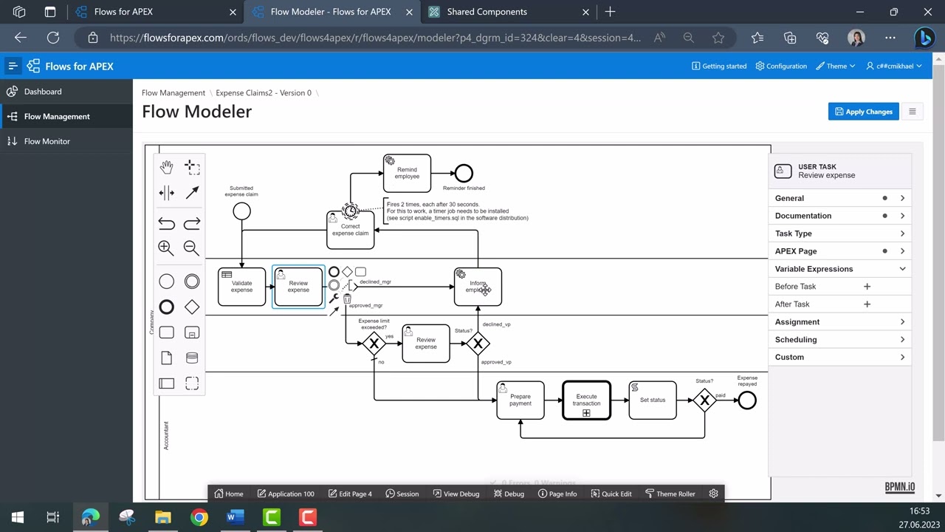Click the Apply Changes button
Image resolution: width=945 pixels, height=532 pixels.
click(863, 112)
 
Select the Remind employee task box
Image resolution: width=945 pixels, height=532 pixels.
click(407, 173)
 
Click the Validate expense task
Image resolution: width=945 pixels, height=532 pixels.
click(241, 287)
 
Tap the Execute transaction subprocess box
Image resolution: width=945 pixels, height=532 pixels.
click(586, 400)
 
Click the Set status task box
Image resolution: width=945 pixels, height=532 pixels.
click(652, 400)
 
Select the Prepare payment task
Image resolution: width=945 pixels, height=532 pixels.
click(520, 400)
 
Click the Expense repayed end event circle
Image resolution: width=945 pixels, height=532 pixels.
click(747, 400)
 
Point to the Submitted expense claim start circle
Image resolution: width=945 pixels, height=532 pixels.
click(241, 211)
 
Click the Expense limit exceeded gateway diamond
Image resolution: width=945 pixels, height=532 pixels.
click(374, 344)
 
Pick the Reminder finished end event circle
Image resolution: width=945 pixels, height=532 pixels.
click(464, 174)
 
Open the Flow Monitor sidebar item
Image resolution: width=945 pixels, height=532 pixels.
click(47, 141)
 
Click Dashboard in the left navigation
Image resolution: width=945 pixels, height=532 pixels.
click(43, 92)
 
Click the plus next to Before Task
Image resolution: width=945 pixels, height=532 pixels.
click(867, 287)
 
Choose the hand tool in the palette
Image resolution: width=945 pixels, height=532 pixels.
click(166, 167)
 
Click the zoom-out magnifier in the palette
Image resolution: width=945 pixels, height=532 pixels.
click(191, 248)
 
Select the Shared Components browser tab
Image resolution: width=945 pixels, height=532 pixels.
click(487, 12)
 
